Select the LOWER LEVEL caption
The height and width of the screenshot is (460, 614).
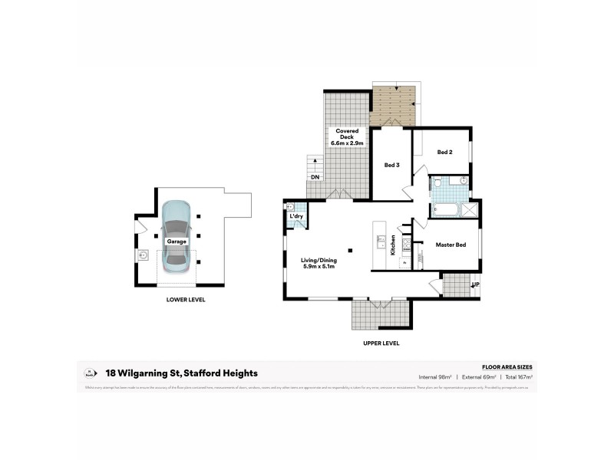(186, 300)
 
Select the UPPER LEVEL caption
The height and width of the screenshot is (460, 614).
(381, 343)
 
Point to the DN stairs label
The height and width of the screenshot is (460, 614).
(315, 177)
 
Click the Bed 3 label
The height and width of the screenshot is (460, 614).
(391, 165)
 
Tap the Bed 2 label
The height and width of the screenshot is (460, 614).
(444, 152)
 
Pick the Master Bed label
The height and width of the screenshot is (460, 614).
(453, 245)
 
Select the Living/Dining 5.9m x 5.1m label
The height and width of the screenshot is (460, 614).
(319, 263)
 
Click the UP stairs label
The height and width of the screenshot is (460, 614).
(476, 284)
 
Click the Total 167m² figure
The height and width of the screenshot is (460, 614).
(519, 377)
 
